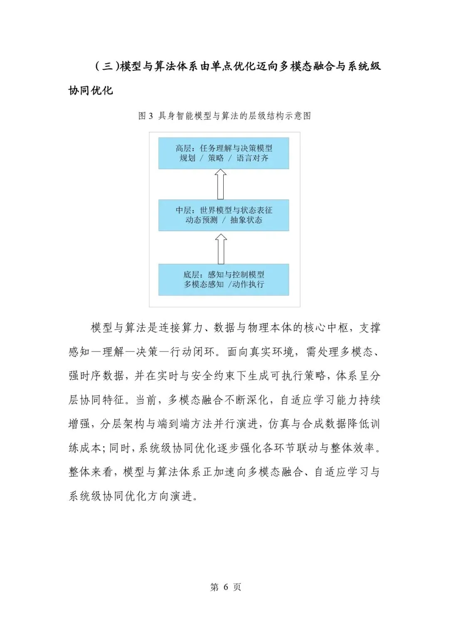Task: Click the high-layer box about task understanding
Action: click(224, 153)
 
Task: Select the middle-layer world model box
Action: click(224, 215)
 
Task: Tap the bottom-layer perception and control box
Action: click(224, 279)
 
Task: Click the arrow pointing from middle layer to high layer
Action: click(221, 184)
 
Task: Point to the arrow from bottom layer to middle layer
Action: click(221, 248)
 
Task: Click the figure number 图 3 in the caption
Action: click(146, 116)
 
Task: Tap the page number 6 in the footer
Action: click(226, 587)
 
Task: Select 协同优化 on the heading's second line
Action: click(91, 90)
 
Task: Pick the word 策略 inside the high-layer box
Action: click(216, 158)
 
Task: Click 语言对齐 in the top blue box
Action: click(252, 158)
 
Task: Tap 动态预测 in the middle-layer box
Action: click(201, 220)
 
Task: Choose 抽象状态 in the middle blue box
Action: click(246, 220)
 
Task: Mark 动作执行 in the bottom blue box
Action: click(248, 285)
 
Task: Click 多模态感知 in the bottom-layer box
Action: click(204, 285)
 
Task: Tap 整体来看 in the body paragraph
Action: click(91, 472)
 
